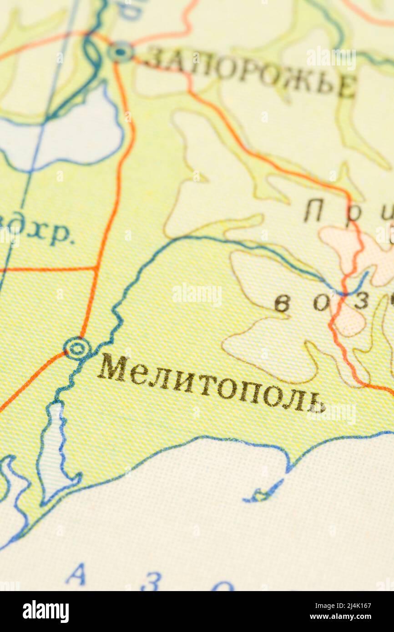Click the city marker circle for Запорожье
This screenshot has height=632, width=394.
[x=121, y=52]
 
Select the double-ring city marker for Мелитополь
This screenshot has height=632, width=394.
[x=77, y=348]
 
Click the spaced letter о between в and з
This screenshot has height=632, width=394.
[x=321, y=303]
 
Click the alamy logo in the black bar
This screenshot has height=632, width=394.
[x=45, y=612]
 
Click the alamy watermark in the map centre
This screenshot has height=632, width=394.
[x=197, y=295]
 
